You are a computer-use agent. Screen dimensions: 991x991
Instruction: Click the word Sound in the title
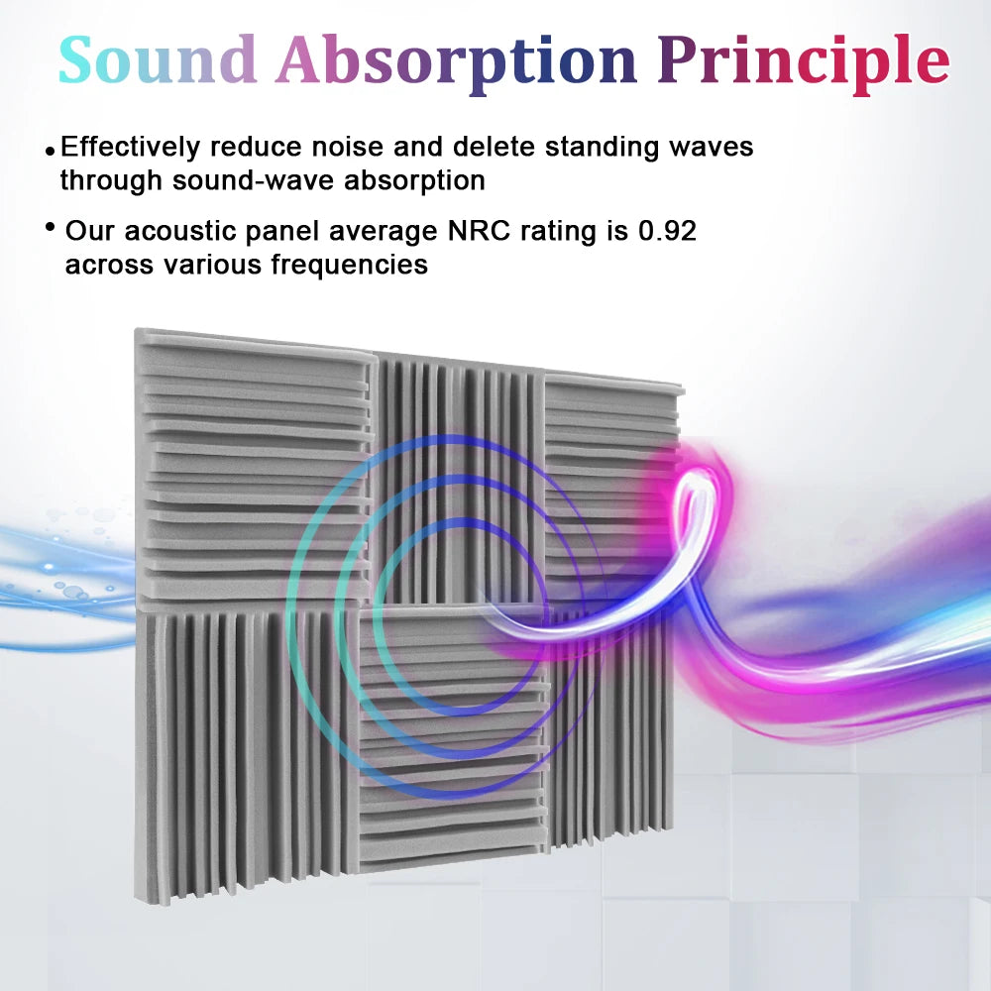159,59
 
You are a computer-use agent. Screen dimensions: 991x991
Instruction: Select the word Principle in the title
803,59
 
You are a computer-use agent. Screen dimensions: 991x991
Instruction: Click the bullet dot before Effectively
50,151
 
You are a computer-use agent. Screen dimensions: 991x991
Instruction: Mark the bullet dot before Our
50,229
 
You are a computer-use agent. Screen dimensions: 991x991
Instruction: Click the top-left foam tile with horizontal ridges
253,466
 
